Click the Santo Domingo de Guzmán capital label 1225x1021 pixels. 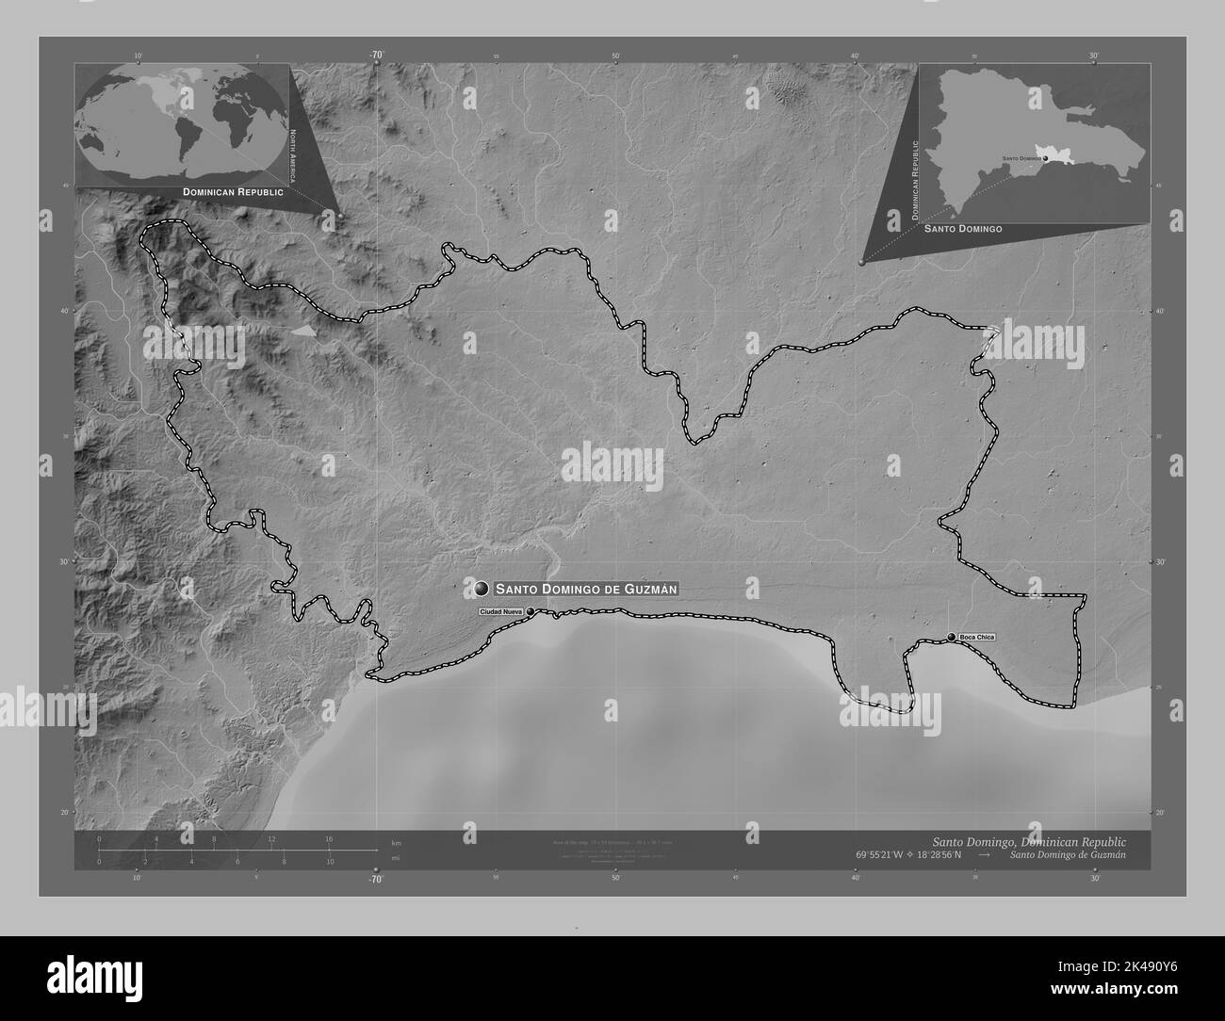tap(585, 589)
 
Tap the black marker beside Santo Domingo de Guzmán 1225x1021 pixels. tap(482, 589)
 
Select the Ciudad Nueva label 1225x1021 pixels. tap(500, 612)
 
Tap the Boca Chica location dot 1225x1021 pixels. tap(952, 638)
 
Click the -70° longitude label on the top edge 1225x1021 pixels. tap(376, 56)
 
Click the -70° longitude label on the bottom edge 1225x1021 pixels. tap(376, 879)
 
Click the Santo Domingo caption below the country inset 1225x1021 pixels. tap(962, 229)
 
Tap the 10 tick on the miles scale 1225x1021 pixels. tap(329, 861)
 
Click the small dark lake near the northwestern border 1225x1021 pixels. tap(303, 331)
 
